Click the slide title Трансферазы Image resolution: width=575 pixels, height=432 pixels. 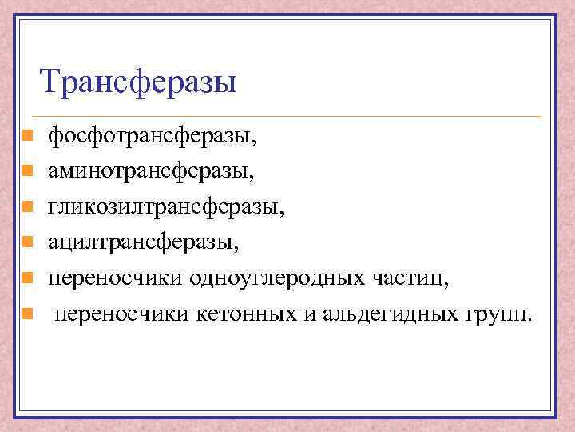click(138, 82)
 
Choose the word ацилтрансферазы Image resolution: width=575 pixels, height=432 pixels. click(142, 241)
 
